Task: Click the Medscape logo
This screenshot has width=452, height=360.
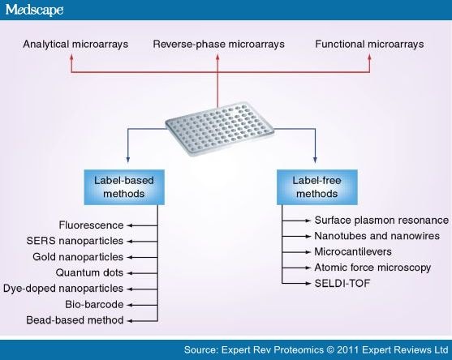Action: [36, 11]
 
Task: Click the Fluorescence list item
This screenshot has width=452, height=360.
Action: [91, 224]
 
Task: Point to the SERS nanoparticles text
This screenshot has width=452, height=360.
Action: [75, 240]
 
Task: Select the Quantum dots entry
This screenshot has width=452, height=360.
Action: [89, 272]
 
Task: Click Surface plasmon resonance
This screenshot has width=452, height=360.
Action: [381, 220]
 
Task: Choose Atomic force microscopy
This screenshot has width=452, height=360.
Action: [372, 267]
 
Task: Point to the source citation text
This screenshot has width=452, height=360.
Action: [315, 349]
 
